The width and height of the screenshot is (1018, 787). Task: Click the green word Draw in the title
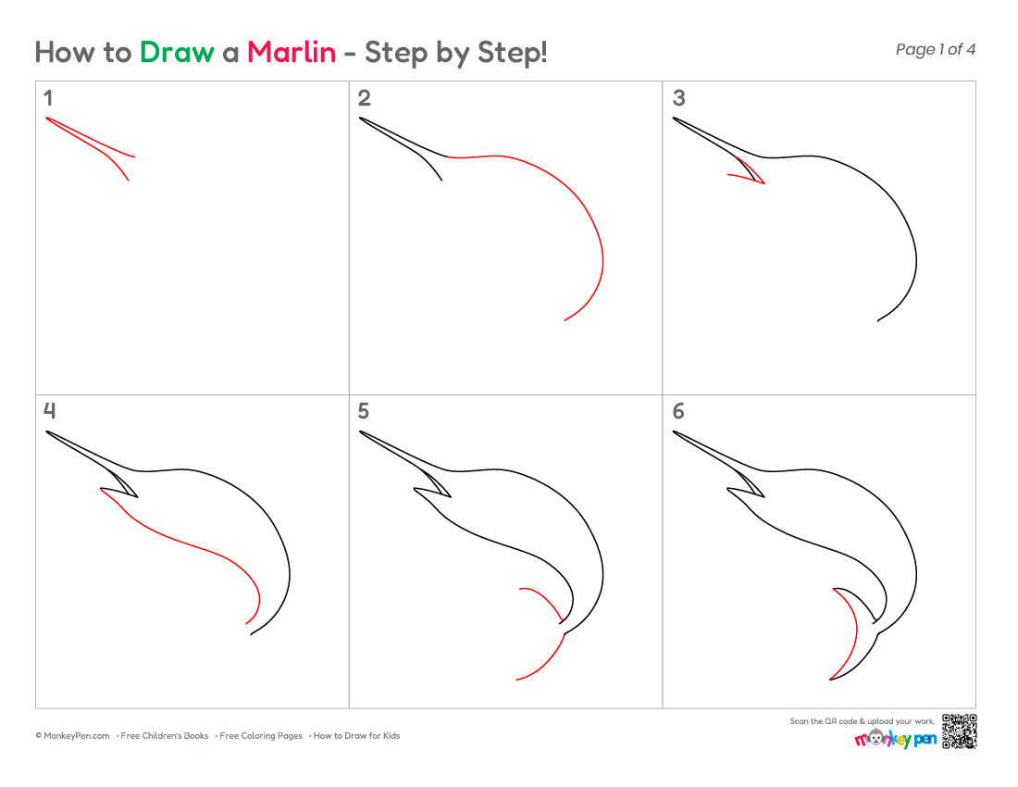pos(177,52)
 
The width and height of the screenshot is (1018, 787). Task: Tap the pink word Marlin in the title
pos(292,52)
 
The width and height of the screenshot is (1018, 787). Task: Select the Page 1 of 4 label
pos(935,49)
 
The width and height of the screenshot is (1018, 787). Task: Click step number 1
pos(48,98)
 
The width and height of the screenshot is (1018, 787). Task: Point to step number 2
pos(365,98)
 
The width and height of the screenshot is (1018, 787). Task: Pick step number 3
pos(678,98)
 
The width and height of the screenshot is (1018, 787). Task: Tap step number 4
pos(49,410)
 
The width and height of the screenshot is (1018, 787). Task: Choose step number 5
pos(364,411)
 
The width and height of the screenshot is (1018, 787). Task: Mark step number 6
pos(678,411)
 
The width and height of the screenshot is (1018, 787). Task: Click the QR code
pos(959,731)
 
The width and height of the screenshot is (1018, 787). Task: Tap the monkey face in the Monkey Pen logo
pos(876,738)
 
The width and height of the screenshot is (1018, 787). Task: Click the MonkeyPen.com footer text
pos(73,736)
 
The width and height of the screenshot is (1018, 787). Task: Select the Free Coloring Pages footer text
pos(261,736)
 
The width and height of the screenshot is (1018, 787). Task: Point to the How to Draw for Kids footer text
pos(356,736)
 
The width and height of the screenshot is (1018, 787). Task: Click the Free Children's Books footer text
pos(164,736)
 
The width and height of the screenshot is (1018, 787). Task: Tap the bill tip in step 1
pos(47,119)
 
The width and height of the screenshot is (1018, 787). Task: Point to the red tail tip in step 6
pos(830,680)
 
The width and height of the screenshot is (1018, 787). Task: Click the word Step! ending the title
pos(513,53)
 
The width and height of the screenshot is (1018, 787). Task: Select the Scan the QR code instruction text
pos(863,720)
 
